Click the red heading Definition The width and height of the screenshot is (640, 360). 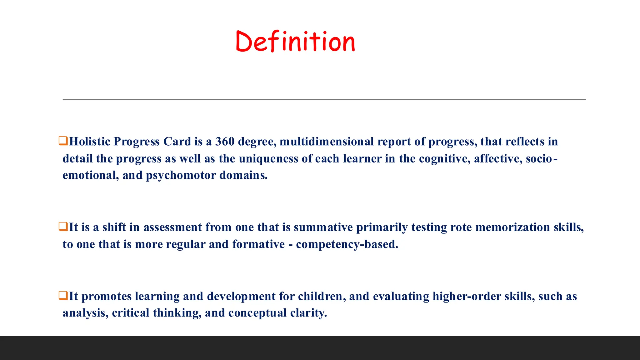pos(295,41)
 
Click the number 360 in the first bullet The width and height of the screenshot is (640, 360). pos(225,142)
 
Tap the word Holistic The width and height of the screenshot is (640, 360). pos(90,142)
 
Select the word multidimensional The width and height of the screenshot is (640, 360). pos(327,142)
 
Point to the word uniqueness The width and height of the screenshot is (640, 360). pos(268,159)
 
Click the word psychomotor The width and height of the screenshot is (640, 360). pos(181,175)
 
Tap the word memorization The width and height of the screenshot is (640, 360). pos(512,227)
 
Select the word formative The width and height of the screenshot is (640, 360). pos(258,244)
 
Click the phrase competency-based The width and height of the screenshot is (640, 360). pos(347,244)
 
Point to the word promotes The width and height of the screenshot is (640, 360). pos(107,296)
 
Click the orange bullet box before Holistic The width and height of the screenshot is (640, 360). pos(63,141)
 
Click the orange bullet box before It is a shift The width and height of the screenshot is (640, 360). pos(63,227)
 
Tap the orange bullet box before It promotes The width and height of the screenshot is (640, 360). pos(63,296)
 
